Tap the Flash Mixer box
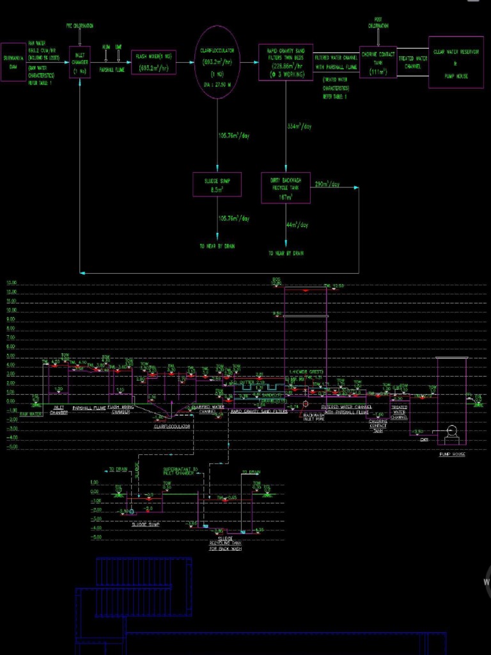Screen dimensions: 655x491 coord(153,62)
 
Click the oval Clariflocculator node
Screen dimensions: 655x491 coord(217,62)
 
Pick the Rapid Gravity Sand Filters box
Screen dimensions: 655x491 coord(285,62)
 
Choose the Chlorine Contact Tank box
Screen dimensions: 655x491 coord(378,62)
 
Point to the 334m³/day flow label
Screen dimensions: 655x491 coord(299,127)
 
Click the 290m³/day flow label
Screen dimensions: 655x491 coord(327,185)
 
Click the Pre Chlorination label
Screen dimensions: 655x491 coord(80,26)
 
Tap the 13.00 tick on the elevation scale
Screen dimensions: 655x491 coord(12,292)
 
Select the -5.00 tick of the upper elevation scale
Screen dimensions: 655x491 coord(12,447)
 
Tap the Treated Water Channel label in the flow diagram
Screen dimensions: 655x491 coord(412,62)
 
